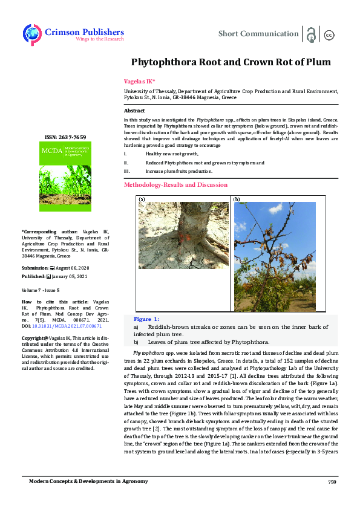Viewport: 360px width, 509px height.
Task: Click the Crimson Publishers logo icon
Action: tap(31, 34)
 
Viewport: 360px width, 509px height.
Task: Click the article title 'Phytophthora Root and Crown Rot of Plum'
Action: tap(231, 62)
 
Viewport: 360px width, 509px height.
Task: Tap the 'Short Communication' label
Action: tap(258, 34)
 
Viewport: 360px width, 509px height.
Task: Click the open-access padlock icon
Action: tap(311, 34)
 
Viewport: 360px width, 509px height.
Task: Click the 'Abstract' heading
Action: tap(134, 111)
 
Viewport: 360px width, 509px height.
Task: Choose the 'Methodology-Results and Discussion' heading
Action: tap(175, 184)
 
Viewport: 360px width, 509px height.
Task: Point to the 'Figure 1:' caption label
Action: tap(146, 319)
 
